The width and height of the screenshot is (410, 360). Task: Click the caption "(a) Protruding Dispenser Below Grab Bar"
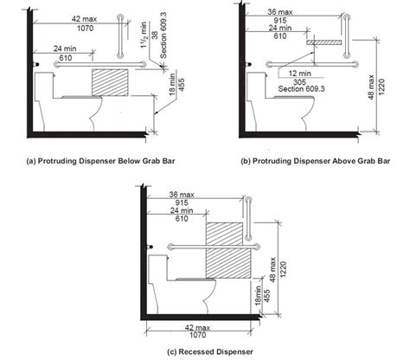pos(100,161)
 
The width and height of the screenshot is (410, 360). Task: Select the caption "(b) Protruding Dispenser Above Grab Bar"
pos(316,161)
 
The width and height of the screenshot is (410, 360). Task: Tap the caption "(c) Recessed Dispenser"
pos(210,351)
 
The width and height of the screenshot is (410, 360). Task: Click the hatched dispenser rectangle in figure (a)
pos(110,82)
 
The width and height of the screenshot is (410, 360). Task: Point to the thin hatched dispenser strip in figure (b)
pos(324,42)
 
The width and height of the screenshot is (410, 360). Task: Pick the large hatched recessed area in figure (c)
pos(227,250)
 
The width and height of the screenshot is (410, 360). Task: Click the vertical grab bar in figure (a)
pos(120,36)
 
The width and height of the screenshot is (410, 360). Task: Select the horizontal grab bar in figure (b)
pos(312,64)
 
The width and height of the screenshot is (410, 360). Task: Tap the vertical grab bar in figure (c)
pos(248,219)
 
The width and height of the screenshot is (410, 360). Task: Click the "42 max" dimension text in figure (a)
pos(84,19)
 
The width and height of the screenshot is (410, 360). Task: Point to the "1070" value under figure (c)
pos(198,335)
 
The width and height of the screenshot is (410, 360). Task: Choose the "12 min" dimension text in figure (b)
pos(300,74)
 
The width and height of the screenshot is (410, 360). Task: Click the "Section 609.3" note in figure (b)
pos(301,89)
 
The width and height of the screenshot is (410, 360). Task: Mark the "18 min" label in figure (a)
pos(172,84)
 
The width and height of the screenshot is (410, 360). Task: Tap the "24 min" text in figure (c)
pos(182,210)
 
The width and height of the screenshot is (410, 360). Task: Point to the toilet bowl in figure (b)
pos(295,114)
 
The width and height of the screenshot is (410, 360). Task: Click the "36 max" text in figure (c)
pos(182,195)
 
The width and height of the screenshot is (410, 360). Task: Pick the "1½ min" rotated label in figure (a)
pos(144,35)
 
